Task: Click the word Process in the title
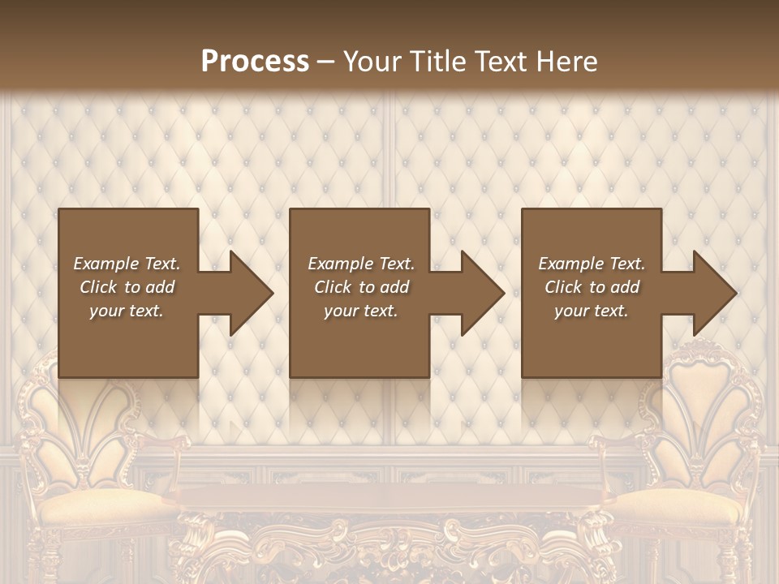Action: (255, 62)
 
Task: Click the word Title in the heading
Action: (435, 62)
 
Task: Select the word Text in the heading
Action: (498, 62)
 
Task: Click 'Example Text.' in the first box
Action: (127, 264)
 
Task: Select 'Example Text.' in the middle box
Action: (361, 264)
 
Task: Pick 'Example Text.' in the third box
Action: (592, 264)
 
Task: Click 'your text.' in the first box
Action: (127, 311)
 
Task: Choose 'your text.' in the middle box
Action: (361, 311)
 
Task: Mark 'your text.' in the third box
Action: (592, 311)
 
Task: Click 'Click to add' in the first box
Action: (127, 287)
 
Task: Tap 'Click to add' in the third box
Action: (592, 287)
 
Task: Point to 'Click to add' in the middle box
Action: (361, 287)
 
